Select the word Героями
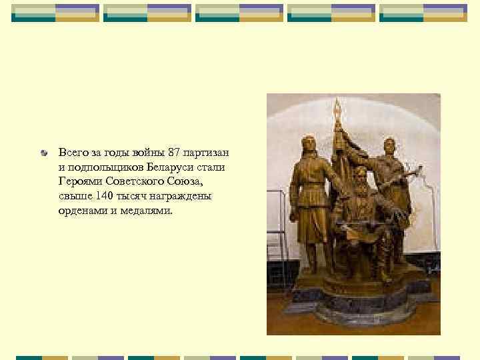(x=77, y=181)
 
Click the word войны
(x=147, y=153)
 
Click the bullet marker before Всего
(x=45, y=154)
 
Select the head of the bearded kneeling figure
(x=359, y=175)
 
